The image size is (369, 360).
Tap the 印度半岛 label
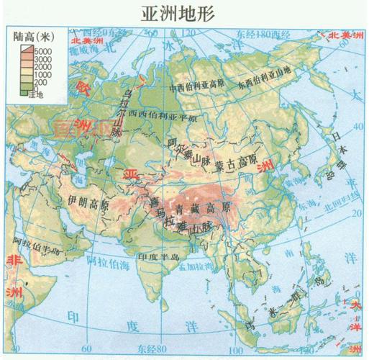pos(162,255)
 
